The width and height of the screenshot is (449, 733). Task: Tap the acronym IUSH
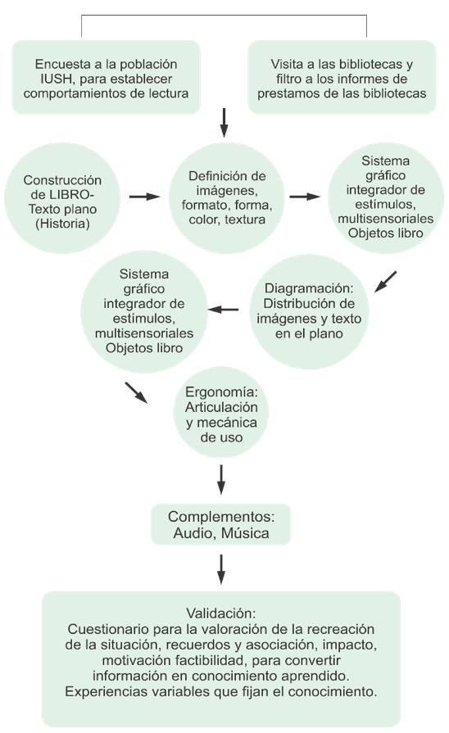[55, 79]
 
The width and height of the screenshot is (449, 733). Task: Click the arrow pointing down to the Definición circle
[224, 123]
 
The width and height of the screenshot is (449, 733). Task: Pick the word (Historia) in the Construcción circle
[62, 224]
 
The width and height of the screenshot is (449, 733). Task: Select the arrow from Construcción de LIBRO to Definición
[144, 197]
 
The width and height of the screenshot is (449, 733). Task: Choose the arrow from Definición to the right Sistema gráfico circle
[305, 197]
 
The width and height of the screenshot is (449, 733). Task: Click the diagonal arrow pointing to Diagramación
[385, 282]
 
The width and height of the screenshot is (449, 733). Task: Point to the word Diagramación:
[309, 288]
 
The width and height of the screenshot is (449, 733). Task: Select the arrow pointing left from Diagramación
[223, 309]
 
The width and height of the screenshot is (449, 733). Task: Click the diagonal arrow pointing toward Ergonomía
[136, 392]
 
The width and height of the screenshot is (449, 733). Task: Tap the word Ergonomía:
[221, 392]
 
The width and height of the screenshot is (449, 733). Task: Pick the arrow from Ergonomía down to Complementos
[221, 480]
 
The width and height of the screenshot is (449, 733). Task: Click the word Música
[245, 533]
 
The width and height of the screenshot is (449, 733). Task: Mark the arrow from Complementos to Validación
[221, 569]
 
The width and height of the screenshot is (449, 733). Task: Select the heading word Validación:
[221, 613]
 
